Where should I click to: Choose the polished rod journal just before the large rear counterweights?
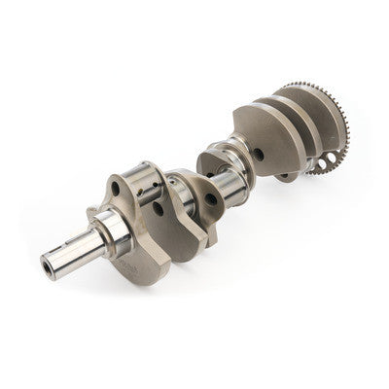tap(239, 145)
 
